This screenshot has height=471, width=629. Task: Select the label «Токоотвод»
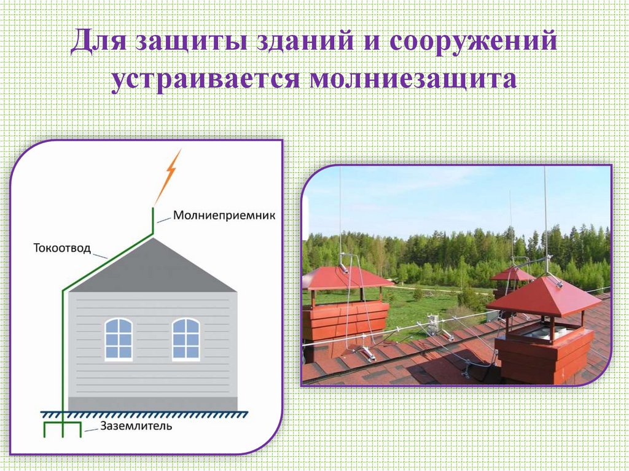coord(62,249)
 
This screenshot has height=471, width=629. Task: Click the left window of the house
coord(118,338)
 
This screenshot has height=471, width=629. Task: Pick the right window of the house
coord(186,338)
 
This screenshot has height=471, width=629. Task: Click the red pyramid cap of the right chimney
coord(543,297)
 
